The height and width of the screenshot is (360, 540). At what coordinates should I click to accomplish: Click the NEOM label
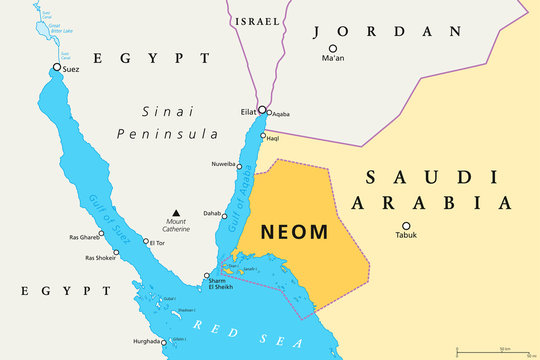coord(293,232)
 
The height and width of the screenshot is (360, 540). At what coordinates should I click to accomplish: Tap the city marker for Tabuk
coord(405,225)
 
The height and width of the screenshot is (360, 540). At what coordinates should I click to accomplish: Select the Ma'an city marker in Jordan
coord(333,48)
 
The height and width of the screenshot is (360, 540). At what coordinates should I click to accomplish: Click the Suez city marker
coord(57,68)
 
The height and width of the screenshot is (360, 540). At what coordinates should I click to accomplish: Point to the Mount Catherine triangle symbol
coord(176,212)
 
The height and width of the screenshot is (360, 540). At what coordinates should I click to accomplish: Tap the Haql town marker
coord(263,137)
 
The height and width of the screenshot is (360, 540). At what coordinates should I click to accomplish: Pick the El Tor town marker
coord(146,241)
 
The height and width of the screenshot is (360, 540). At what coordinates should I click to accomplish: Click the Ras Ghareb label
coord(83,237)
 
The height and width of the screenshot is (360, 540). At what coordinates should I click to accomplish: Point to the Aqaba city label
coord(280,114)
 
